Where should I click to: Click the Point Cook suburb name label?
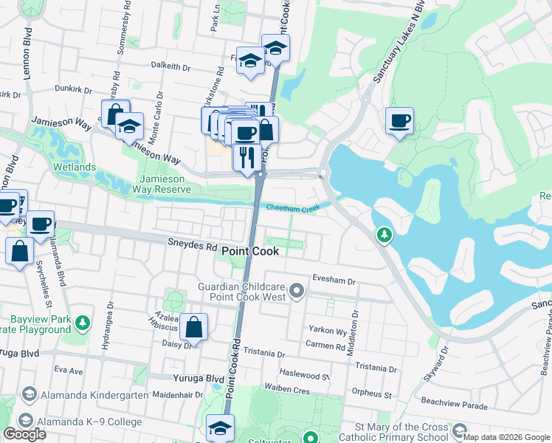click(250, 252)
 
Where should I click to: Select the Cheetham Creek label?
click(293, 209)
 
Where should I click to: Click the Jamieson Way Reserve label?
click(166, 184)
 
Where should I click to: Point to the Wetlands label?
click(74, 168)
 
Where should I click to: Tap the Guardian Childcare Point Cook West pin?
click(297, 290)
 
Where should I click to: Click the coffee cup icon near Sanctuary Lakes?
click(399, 121)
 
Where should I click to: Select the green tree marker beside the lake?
click(384, 236)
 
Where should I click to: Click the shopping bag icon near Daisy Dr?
click(193, 327)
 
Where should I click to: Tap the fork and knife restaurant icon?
click(245, 157)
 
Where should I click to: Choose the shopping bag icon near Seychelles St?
click(19, 251)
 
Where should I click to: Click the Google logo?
click(25, 434)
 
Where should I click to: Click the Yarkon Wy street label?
click(328, 331)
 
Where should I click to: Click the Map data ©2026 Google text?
click(506, 437)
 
